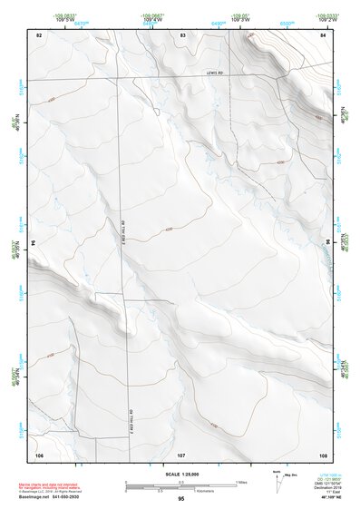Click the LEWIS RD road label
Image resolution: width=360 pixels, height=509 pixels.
pos(214,73)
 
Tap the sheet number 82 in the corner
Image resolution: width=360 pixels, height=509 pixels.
pos(39,34)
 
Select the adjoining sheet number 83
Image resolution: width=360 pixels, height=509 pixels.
pos(183,34)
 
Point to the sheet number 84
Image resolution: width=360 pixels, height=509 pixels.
pos(323,34)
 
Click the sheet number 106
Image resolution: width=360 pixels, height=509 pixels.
pos(39,453)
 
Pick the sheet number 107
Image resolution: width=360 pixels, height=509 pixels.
pos(181,453)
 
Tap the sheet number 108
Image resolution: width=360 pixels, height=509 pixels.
pos(323,453)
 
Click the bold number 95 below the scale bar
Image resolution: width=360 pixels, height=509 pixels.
pos(181,499)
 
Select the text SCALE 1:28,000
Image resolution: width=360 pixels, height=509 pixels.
pos(181,474)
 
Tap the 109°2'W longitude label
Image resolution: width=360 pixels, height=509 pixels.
pos(324,18)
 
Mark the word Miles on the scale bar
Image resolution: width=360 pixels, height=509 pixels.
pos(241,481)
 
